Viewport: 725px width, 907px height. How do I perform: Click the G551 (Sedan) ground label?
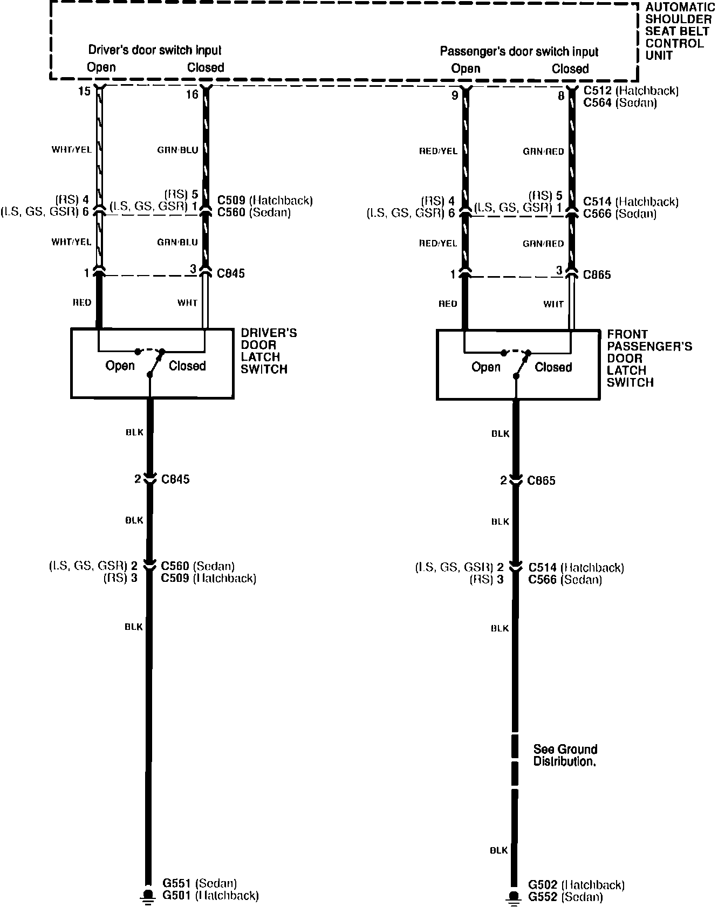[x=200, y=883]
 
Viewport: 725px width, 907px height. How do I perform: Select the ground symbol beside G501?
[x=146, y=896]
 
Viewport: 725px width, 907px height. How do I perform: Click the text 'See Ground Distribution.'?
[x=565, y=755]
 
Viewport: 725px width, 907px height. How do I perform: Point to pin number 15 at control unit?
[x=84, y=92]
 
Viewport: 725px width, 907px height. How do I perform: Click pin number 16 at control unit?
[x=192, y=95]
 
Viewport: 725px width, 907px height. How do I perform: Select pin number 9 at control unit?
[x=455, y=95]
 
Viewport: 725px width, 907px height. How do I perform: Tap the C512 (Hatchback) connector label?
[x=631, y=91]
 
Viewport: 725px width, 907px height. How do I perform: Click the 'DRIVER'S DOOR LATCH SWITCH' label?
[x=268, y=351]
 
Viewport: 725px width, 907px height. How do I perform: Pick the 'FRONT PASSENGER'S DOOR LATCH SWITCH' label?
[x=649, y=358]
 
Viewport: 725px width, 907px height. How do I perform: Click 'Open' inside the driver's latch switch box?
[x=120, y=366]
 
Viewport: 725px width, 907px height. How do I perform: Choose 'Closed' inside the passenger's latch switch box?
[x=553, y=367]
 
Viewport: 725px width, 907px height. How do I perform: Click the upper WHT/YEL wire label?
[x=71, y=150]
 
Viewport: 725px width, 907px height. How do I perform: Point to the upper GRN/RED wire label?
[x=543, y=152]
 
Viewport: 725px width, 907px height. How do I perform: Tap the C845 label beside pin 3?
[x=230, y=273]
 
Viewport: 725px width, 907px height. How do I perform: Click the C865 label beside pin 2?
[x=542, y=480]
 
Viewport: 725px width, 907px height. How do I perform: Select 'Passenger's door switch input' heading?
[x=519, y=52]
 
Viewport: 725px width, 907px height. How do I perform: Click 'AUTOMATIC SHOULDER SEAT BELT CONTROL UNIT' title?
[x=679, y=31]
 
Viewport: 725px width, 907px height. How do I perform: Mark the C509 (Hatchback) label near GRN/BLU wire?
[x=265, y=201]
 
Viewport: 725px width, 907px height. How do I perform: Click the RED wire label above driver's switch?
[x=82, y=303]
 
